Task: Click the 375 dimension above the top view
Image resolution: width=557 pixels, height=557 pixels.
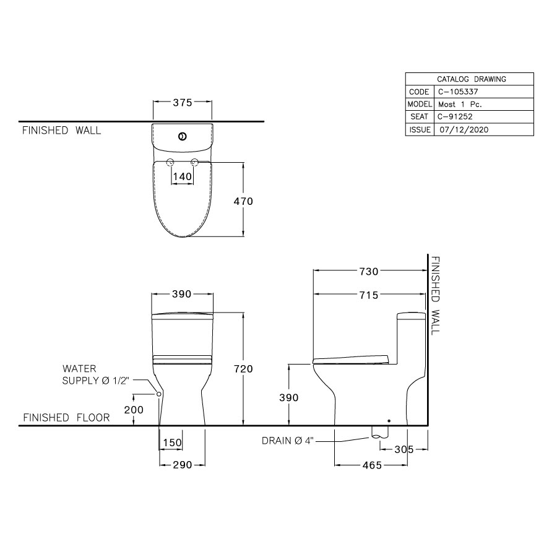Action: [182, 103]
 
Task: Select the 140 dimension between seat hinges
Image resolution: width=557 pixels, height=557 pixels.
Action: [182, 176]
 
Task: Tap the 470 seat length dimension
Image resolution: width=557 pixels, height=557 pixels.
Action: [243, 201]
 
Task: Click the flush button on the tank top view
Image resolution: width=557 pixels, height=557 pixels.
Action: [182, 136]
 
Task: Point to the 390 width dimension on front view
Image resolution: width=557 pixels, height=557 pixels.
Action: [181, 294]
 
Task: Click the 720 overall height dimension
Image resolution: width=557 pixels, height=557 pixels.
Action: [243, 369]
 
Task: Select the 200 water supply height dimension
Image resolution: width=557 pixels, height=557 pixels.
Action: [134, 410]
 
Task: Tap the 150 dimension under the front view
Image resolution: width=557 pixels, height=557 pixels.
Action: [172, 443]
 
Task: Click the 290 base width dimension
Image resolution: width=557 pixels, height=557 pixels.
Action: [181, 464]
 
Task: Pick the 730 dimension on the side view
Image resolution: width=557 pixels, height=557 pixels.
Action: [369, 270]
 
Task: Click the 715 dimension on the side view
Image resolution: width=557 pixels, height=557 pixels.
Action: [369, 295]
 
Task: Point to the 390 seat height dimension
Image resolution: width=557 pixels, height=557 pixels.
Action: [288, 397]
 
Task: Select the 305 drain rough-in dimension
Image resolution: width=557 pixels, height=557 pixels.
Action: [404, 450]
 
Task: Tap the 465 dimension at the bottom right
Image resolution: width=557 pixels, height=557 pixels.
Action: [371, 464]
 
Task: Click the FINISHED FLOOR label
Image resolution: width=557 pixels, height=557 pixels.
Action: [66, 418]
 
